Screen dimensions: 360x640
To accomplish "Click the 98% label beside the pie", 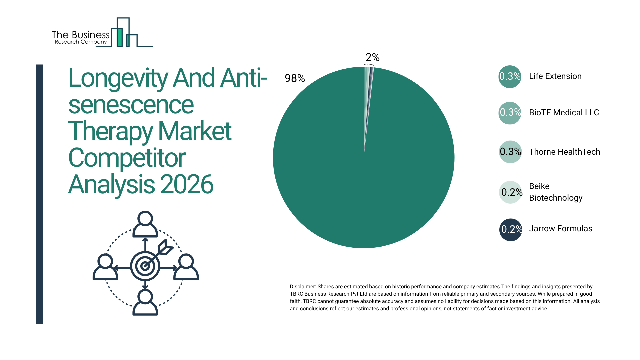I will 295,78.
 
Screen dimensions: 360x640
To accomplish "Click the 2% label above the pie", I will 372,57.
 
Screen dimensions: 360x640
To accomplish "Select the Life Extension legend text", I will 555,76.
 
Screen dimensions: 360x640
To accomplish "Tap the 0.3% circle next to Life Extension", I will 510,77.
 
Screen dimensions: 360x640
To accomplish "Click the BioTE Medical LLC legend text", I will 564,113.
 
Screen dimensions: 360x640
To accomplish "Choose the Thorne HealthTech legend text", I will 564,152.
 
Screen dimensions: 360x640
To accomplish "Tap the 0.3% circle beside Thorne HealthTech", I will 510,152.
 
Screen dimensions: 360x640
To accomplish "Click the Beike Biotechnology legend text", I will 555,192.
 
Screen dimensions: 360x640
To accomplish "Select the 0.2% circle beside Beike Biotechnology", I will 510,192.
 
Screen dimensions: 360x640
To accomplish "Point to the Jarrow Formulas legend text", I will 560,229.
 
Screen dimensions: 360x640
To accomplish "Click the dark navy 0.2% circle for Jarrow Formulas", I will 510,230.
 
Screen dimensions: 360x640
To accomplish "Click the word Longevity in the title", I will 118,79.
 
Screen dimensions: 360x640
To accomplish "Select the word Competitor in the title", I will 127,158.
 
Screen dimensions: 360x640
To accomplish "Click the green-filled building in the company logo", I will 119,37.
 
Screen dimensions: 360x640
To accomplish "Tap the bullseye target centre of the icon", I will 145,266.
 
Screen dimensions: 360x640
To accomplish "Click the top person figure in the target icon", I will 145,224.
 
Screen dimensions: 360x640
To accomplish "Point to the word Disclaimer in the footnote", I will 302,287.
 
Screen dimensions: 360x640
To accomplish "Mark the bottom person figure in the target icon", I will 145,302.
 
